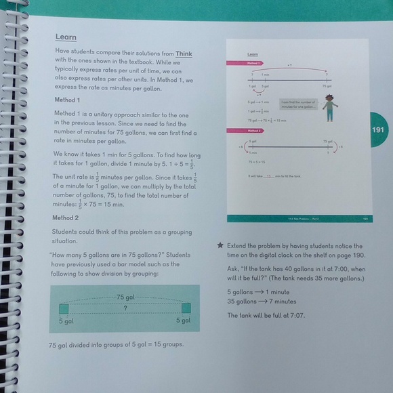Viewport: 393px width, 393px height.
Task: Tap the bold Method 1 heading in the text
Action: [66, 100]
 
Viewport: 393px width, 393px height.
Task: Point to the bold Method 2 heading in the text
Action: [66, 218]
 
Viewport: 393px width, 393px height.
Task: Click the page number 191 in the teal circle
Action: [379, 130]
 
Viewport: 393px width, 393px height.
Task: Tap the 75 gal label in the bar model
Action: [126, 297]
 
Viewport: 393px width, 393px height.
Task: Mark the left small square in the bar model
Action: [63, 309]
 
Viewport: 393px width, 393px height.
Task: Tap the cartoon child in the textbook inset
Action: [329, 108]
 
